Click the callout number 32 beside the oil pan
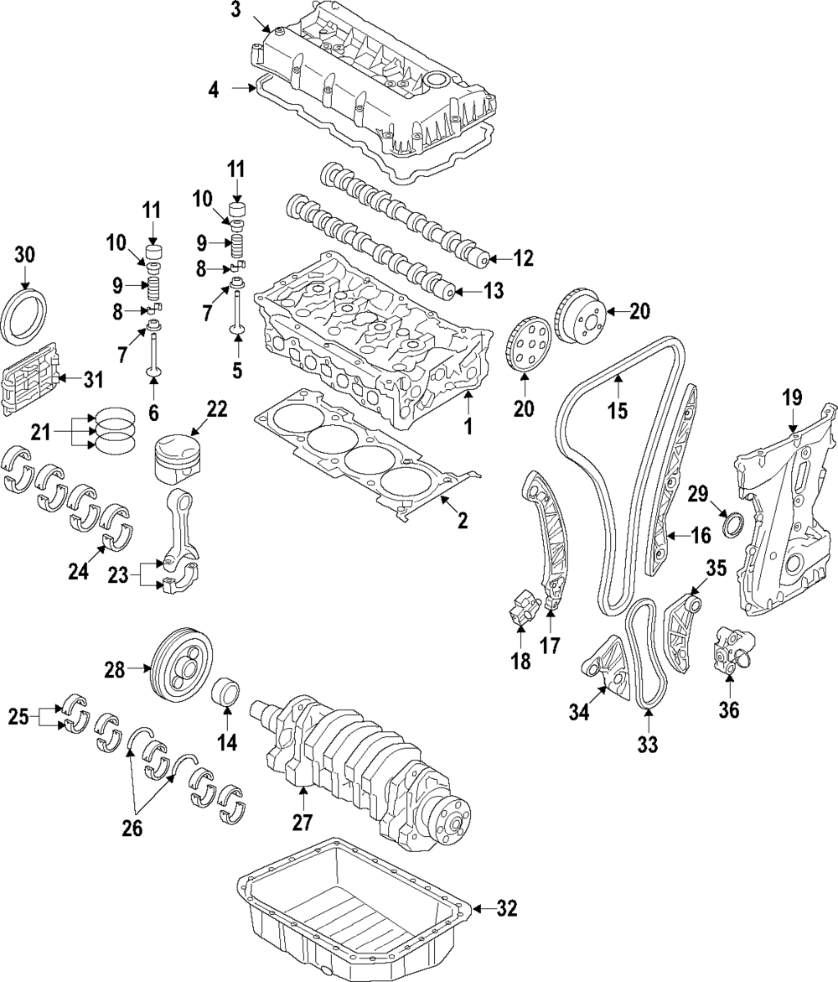coord(506,908)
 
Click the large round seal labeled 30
coord(25,316)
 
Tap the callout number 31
coord(92,380)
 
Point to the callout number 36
coord(729,709)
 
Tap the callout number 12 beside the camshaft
coord(522,259)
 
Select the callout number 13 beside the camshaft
coord(494,291)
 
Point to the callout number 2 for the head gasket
coord(462,521)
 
